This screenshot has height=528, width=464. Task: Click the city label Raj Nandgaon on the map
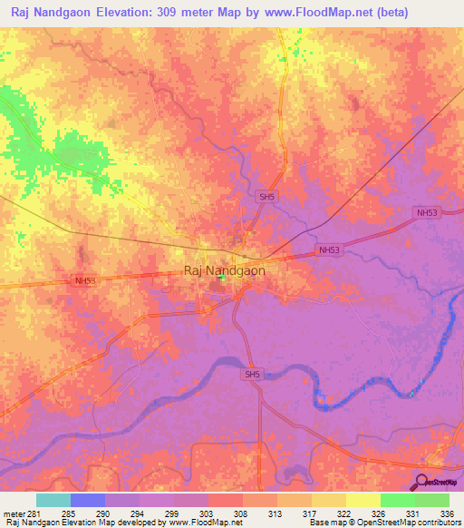(x=225, y=270)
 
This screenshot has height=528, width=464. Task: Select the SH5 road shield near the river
(x=251, y=373)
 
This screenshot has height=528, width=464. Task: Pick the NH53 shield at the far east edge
(x=427, y=211)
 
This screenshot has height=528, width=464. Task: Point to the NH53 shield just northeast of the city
(x=329, y=249)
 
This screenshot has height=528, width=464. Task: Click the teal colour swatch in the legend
(x=53, y=499)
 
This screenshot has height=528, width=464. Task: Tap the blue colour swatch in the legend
(x=88, y=499)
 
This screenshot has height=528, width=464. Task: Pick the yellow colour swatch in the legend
(x=362, y=499)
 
